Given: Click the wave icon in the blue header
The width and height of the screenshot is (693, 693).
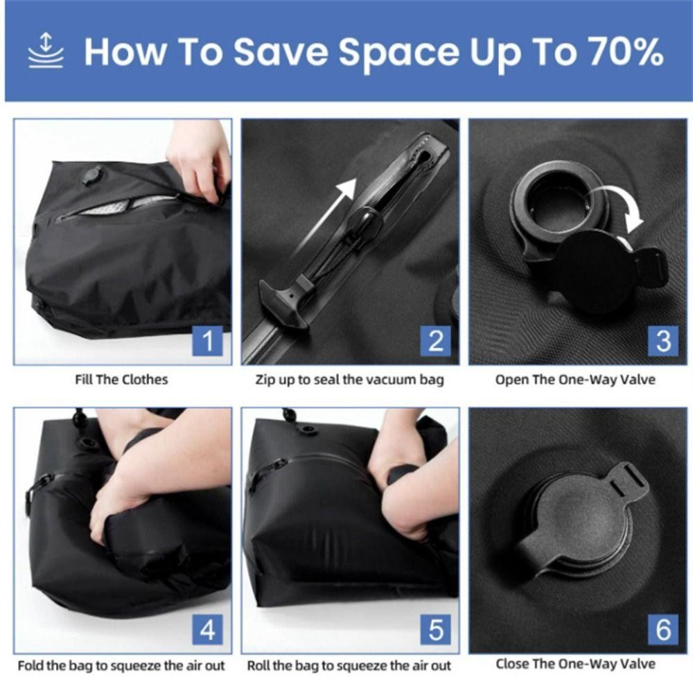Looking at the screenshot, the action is click(46, 51).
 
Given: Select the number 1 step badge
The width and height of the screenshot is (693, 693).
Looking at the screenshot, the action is click(208, 341).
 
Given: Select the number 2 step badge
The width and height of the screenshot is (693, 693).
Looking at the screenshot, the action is click(435, 341).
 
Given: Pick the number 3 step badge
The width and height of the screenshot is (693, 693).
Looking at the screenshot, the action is click(663, 341).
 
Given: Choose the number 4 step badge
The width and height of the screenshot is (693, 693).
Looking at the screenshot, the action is click(208, 629).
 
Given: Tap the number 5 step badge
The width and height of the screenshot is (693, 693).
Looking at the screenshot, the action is click(435, 629).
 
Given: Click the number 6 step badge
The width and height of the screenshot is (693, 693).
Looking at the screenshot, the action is click(663, 629).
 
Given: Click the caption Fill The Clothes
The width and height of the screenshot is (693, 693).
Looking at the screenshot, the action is click(121, 380).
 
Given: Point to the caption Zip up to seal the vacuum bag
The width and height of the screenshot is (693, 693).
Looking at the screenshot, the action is click(349, 380).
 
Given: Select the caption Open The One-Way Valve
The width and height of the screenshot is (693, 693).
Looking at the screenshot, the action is click(575, 380).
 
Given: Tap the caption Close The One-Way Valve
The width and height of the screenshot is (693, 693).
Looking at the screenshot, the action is click(575, 664).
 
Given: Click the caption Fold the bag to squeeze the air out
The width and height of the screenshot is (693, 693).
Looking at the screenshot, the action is click(121, 665).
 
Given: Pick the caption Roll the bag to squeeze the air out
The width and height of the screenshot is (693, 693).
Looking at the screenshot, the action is click(349, 665).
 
